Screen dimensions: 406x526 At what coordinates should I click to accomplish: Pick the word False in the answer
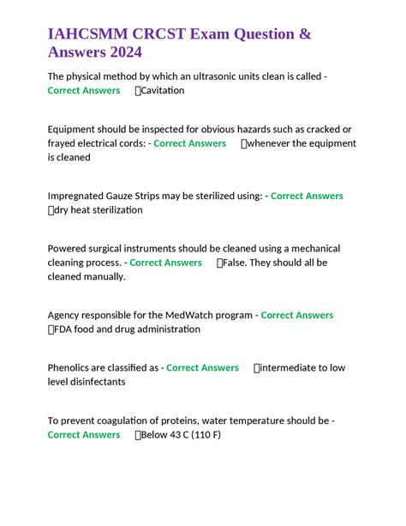235,263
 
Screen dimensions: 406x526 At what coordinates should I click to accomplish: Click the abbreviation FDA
65,329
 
